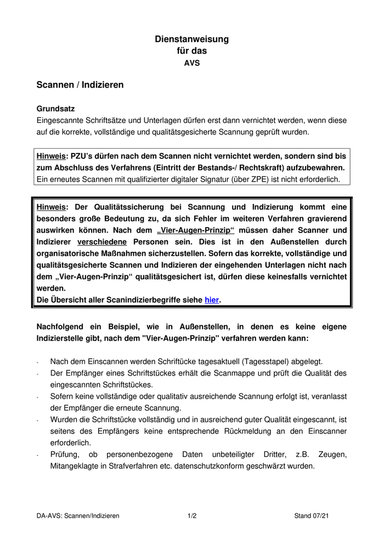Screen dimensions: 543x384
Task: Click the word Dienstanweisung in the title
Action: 191,39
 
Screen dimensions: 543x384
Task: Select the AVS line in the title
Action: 191,63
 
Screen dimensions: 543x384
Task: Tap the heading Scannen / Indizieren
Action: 80,85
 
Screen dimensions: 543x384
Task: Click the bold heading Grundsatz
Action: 55,109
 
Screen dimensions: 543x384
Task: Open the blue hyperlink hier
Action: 211,299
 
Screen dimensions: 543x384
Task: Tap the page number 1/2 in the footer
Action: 191,516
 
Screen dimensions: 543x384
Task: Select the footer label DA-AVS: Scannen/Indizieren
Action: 78,516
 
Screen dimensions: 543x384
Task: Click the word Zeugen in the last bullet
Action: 332,455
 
